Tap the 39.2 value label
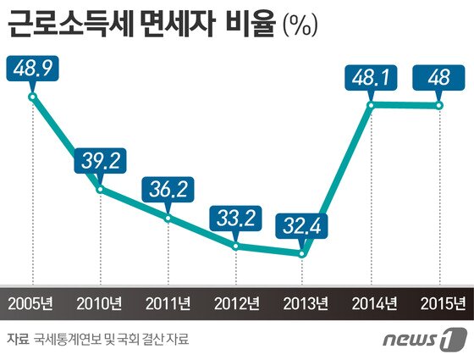(x=101, y=158)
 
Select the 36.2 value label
(x=168, y=189)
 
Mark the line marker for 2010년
(x=101, y=188)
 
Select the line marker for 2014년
(x=372, y=106)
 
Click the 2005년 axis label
(x=33, y=303)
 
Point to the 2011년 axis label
(x=168, y=303)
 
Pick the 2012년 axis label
(x=236, y=303)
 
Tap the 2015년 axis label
(x=439, y=303)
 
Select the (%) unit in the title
(x=299, y=25)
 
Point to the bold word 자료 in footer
(x=17, y=339)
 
